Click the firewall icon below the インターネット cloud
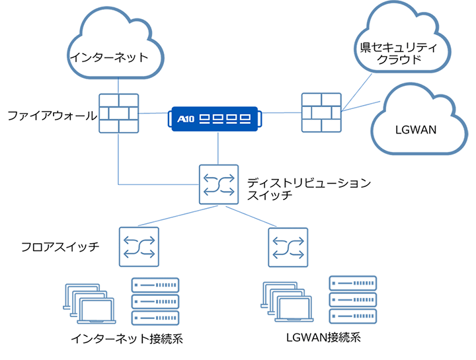click(118, 113)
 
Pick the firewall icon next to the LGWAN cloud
click(321, 113)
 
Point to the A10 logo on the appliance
click(188, 119)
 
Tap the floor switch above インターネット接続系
click(138, 247)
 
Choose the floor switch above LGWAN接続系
click(287, 247)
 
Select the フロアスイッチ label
click(60, 247)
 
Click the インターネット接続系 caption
click(126, 340)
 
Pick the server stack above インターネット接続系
click(155, 301)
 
